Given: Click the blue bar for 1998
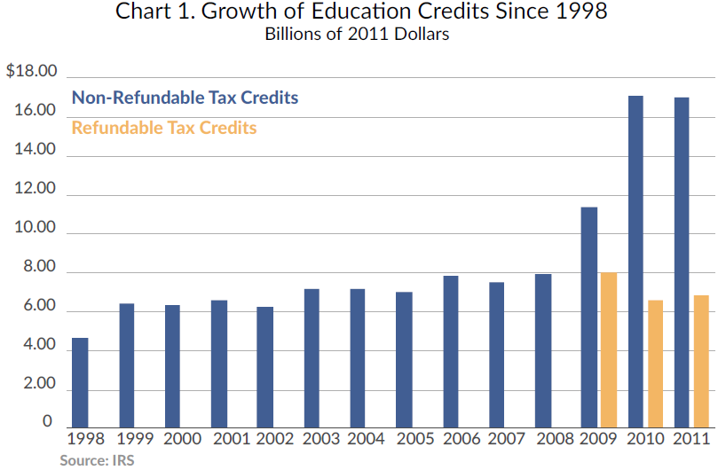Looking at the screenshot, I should click(80, 382).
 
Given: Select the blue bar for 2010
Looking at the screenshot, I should click(635, 261).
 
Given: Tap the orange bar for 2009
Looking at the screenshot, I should click(609, 349).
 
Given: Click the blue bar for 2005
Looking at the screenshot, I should click(404, 359).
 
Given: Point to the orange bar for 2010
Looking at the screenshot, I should click(655, 364).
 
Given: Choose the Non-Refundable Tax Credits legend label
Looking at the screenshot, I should click(185, 98).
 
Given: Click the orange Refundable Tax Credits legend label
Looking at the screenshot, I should click(164, 128).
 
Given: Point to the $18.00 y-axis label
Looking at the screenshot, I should click(31, 72).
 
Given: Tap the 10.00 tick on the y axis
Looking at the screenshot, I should click(36, 229).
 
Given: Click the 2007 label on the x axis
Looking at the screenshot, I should click(507, 439).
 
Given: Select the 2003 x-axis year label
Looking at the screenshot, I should click(320, 439).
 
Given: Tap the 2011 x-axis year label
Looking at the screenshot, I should click(692, 439).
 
